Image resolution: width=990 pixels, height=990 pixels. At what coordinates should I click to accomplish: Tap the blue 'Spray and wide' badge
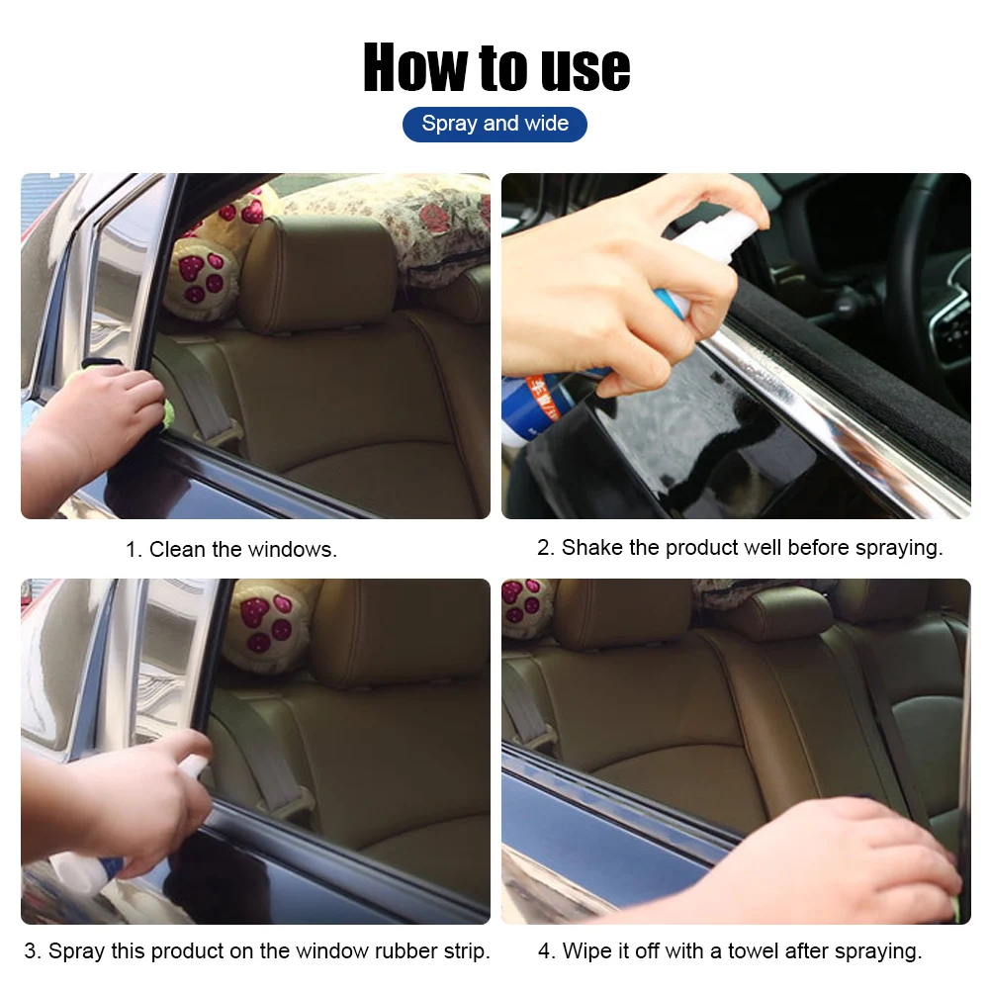coord(495,125)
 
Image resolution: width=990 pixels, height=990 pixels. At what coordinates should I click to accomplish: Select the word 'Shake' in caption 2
coord(591,548)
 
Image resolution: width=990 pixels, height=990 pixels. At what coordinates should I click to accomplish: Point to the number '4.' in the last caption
coord(547,951)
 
